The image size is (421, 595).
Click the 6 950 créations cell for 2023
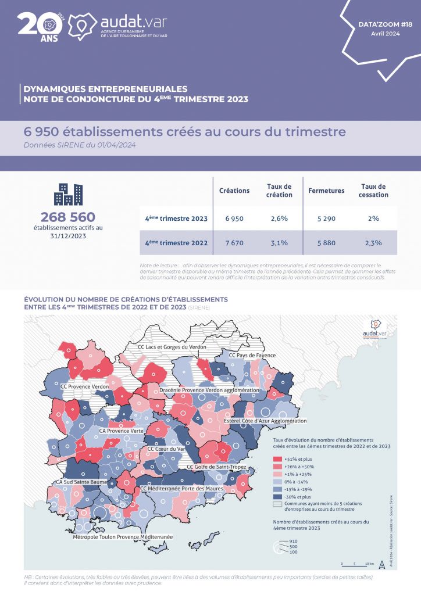[x=234, y=218]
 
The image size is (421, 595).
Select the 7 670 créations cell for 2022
[x=234, y=243]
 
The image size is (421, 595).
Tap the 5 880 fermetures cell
[x=326, y=243]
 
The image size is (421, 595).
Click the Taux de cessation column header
[x=373, y=191]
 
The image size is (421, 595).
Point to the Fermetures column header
[x=326, y=191]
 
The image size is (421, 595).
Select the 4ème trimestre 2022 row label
[x=176, y=243]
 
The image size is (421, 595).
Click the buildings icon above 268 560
[x=68, y=195]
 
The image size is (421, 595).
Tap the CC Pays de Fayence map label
[x=252, y=355]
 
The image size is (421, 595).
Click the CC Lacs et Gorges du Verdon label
[x=172, y=347]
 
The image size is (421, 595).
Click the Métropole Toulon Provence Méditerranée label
[x=123, y=537]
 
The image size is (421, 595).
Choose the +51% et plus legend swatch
[x=277, y=458]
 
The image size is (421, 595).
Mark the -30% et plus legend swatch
[x=277, y=497]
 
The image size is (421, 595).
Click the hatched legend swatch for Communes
[x=277, y=506]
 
